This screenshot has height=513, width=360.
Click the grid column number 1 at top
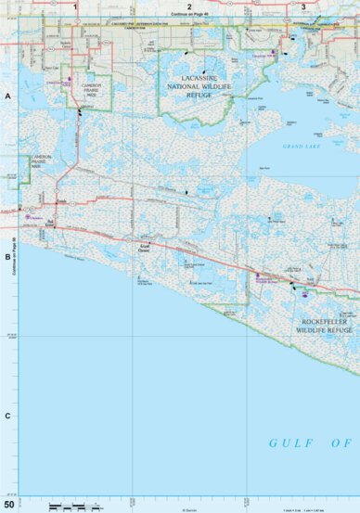click(74, 6)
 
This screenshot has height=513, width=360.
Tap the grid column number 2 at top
click(188, 6)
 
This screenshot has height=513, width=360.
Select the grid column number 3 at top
click(304, 6)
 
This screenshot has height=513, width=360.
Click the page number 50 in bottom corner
click(9, 505)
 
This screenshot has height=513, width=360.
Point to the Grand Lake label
click(303, 147)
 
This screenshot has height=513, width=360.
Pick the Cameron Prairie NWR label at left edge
click(43, 162)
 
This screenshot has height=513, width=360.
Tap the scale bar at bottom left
click(72, 506)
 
